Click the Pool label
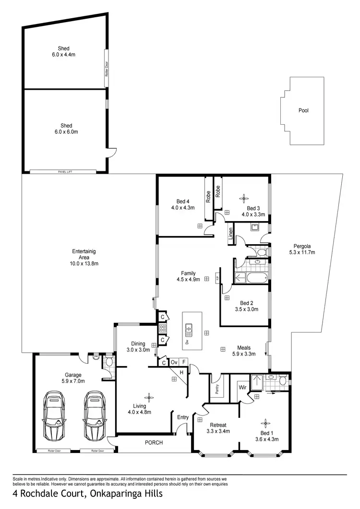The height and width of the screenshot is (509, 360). coord(303,110)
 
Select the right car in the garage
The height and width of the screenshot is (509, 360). coord(94,416)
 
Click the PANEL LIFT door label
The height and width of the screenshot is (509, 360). coord(64,171)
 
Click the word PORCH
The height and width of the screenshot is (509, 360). coord(154,442)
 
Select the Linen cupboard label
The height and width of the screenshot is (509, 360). coord(231,235)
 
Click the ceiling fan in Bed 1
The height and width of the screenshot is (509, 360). coord(265,423)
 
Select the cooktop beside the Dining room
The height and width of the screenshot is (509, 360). coord(162,329)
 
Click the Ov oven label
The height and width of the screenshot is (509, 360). coord(173,362)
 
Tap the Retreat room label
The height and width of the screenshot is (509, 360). coord(218,425)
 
